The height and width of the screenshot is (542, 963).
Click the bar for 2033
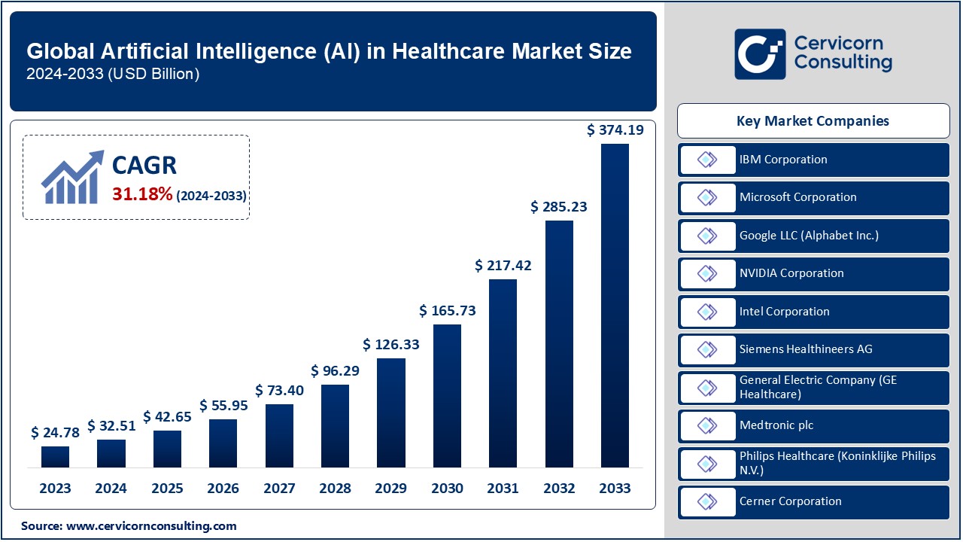point(615,305)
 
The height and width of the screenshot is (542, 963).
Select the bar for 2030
point(447,395)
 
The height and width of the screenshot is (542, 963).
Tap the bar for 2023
point(55,456)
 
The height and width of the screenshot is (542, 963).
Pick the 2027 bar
point(279,435)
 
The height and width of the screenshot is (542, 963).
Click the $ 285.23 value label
point(559,206)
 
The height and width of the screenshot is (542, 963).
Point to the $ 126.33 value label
point(391,345)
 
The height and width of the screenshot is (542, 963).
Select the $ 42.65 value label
point(168,416)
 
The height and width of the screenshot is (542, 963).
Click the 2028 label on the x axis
point(335,489)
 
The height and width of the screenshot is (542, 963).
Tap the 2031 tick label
point(503,489)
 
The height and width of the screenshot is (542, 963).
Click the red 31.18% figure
point(142,194)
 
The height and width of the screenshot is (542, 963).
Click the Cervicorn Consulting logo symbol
point(760,53)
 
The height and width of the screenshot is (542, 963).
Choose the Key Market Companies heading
point(813,120)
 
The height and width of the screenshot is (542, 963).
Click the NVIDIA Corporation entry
point(791,273)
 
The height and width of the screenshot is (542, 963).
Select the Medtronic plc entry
point(776,425)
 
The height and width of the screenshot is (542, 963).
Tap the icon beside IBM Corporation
point(707,160)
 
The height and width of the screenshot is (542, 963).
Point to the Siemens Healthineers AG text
point(806,349)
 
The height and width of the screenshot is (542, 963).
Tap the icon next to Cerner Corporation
point(707,501)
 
